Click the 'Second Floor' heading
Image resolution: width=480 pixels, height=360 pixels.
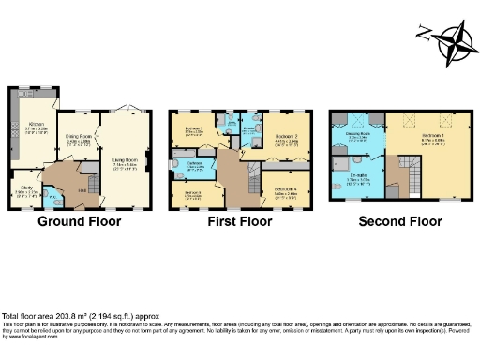pyautogui.click(x=398, y=222)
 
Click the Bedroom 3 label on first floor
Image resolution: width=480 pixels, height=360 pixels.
pyautogui.click(x=192, y=193)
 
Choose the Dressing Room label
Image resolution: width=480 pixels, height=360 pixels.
pyautogui.click(x=356, y=136)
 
